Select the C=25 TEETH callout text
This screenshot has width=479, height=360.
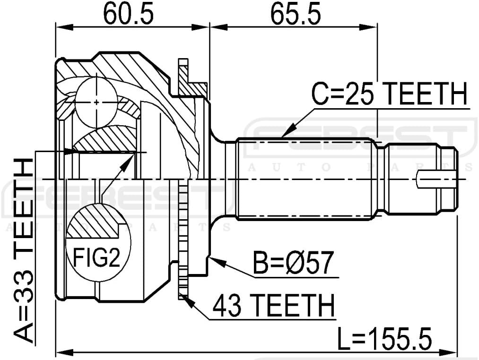[389, 94]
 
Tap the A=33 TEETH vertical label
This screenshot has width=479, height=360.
[22, 250]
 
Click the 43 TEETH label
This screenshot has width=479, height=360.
[274, 306]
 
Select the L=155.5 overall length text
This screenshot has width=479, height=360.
[385, 339]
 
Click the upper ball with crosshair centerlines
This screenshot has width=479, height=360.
[96, 101]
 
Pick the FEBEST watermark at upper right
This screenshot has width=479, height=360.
[359, 138]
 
